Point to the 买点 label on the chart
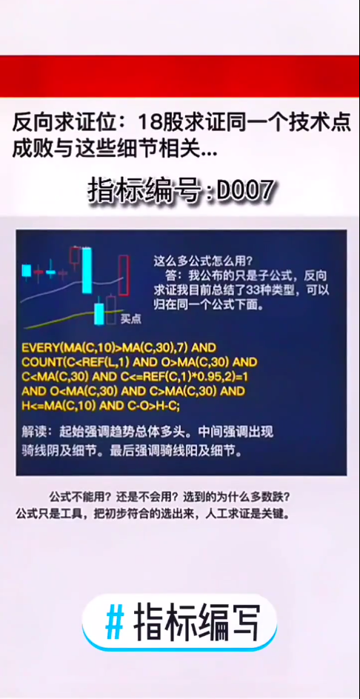131,320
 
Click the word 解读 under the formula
36,431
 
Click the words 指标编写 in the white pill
196,622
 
